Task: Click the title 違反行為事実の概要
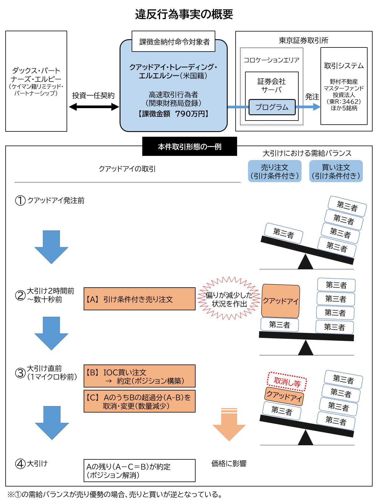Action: (x=184, y=14)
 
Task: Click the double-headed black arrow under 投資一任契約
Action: (x=94, y=107)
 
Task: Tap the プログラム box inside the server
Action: (x=272, y=107)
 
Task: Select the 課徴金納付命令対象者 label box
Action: (x=173, y=42)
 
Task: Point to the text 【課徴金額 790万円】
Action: (x=173, y=114)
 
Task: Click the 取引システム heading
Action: (x=344, y=66)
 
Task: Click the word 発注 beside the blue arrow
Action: (x=312, y=97)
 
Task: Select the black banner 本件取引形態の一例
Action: (x=189, y=146)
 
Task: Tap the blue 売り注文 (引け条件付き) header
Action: (x=275, y=171)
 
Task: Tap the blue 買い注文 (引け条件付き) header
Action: (x=336, y=171)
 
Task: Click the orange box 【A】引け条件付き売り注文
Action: (x=139, y=299)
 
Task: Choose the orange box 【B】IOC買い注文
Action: (x=139, y=376)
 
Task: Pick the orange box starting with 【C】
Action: (x=139, y=401)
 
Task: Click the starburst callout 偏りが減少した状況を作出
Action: (x=229, y=299)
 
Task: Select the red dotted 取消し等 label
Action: (x=287, y=382)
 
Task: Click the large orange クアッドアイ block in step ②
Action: (x=280, y=301)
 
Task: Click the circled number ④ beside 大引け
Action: (x=20, y=464)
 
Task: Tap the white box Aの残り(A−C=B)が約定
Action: (x=139, y=471)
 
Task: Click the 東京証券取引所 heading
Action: (x=303, y=40)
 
